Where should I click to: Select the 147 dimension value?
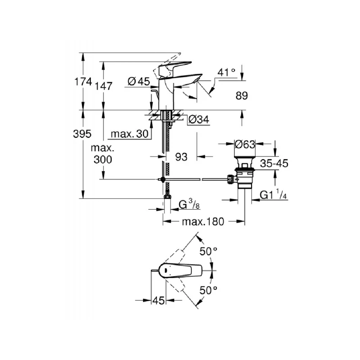pos(103,86)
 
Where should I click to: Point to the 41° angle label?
pos(226,72)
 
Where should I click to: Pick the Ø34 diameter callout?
pos(198,120)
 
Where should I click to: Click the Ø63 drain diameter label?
pos(245,144)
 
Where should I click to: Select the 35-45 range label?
pos(274,163)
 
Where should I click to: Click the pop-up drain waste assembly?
pos(244,173)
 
